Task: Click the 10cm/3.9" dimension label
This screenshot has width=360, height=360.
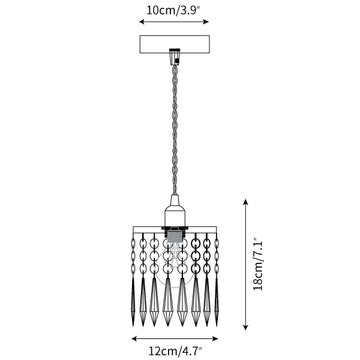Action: [x=173, y=10]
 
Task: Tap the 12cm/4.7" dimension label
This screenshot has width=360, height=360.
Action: [x=175, y=351]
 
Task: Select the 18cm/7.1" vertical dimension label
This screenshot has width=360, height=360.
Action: [x=258, y=264]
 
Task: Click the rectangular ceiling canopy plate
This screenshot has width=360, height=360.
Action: [x=174, y=44]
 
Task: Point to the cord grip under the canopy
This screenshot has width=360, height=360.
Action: [x=174, y=56]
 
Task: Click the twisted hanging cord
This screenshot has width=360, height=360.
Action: [x=174, y=129]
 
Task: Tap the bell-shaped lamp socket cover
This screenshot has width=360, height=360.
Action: [x=174, y=211]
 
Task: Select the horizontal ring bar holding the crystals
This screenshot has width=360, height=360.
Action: [x=175, y=229]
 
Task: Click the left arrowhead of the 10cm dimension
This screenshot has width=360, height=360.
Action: [x=142, y=22]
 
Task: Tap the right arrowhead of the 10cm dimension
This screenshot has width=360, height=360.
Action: [x=206, y=22]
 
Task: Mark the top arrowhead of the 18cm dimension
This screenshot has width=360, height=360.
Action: [x=246, y=202]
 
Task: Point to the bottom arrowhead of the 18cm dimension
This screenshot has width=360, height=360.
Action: [x=246, y=327]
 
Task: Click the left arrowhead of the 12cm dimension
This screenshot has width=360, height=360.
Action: [x=135, y=339]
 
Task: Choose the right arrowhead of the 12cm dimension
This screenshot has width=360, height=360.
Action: [x=215, y=339]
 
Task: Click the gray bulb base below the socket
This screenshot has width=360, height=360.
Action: [x=174, y=237]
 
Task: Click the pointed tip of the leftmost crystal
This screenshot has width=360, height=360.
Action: [x=133, y=326]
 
